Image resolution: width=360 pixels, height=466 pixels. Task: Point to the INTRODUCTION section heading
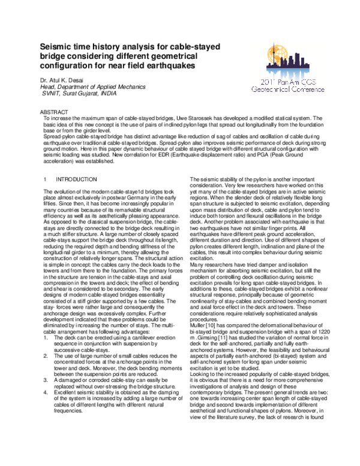[x=76, y=180]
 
